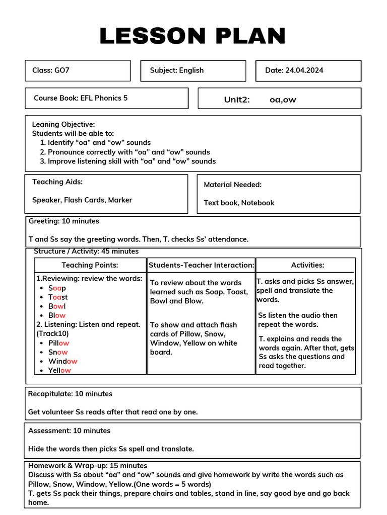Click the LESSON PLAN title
pos(193,36)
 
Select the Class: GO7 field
pos(51,70)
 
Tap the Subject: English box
pos(177,70)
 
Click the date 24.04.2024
pos(304,70)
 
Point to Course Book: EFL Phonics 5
pos(81,98)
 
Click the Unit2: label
pos(237,100)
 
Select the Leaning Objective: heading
pos(63,124)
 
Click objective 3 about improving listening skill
pos(132,161)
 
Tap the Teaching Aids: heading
pos(57,182)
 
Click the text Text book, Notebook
pos(239,203)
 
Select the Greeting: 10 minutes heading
pos(63,221)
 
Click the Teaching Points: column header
pos(90,265)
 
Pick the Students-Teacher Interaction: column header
pos(201,265)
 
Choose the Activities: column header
pos(307,265)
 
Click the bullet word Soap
pos(57,288)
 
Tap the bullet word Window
pos(62,361)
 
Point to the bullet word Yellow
pos(59,371)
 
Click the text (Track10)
pos(53,333)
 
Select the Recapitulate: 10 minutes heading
pos(70,394)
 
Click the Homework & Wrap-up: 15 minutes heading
pos(88,466)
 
